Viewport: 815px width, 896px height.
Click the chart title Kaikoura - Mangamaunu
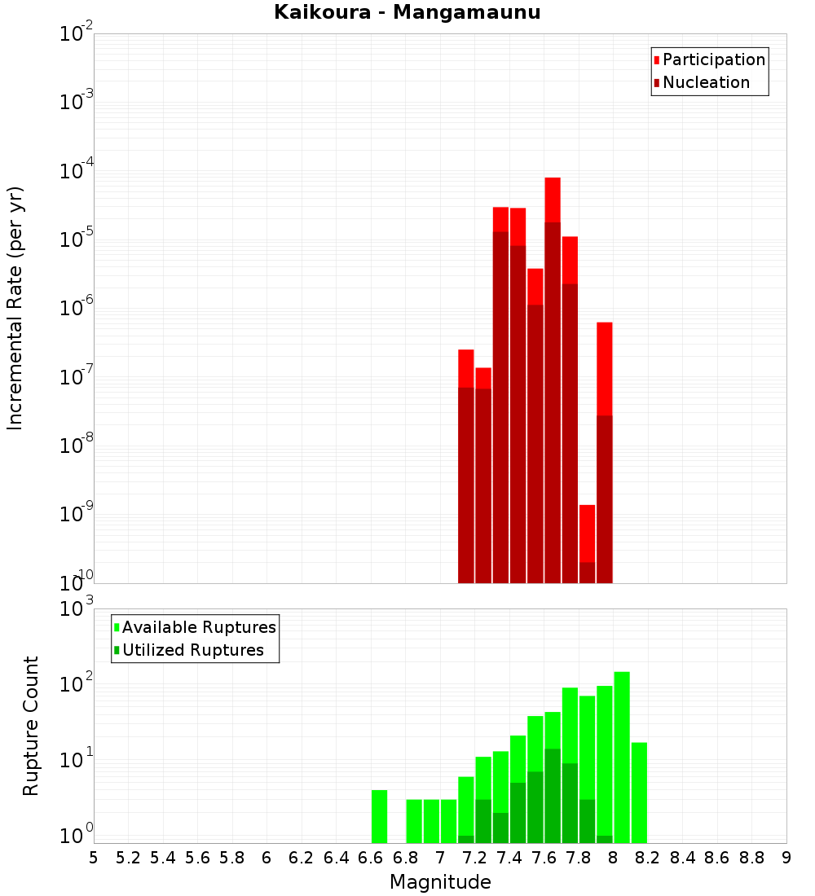(x=407, y=12)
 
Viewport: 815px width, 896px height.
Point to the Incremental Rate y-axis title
(x=16, y=308)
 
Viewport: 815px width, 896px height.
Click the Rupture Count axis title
(x=31, y=726)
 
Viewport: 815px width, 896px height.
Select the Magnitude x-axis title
(x=440, y=882)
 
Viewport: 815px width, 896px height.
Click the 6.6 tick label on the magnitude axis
(x=371, y=858)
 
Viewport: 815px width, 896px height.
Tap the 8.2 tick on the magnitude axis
(x=648, y=858)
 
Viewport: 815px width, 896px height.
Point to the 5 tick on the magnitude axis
(x=94, y=858)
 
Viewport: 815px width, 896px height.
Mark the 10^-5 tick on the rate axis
(x=76, y=239)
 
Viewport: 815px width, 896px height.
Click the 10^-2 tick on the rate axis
(x=76, y=34)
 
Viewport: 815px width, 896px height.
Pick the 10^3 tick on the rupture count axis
(x=76, y=608)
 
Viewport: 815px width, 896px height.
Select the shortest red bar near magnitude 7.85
(x=587, y=534)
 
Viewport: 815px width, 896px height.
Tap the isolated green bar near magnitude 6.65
(x=379, y=816)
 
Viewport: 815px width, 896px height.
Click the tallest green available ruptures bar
(x=622, y=758)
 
